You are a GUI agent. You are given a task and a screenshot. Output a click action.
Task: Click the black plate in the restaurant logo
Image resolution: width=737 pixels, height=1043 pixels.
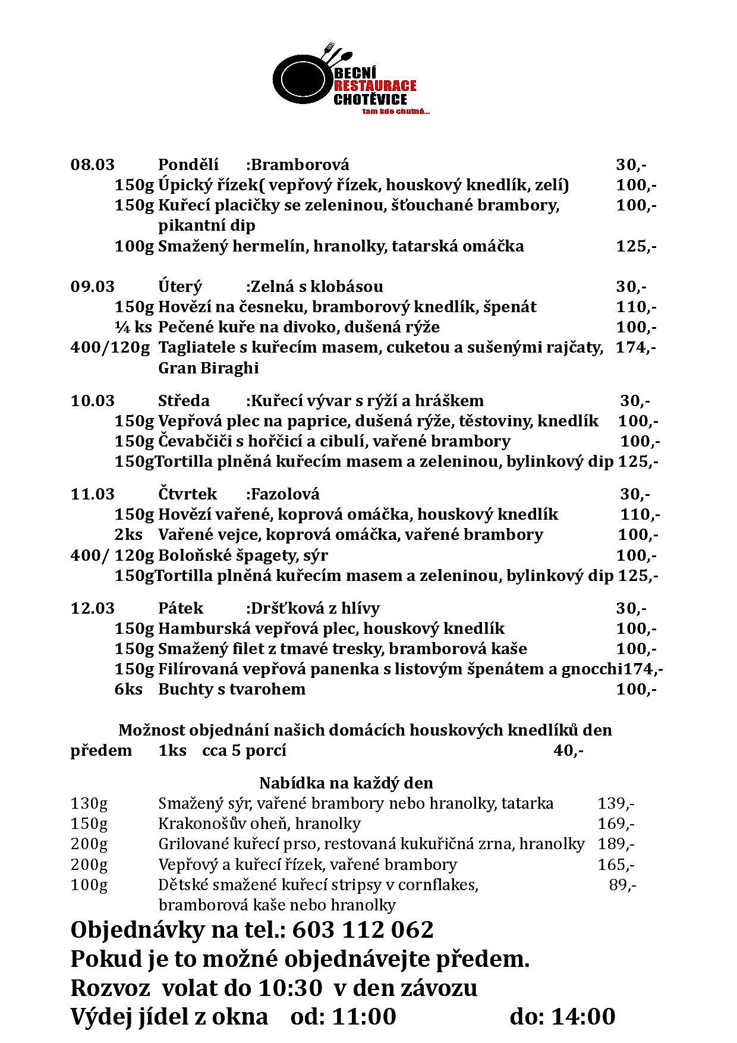(301, 78)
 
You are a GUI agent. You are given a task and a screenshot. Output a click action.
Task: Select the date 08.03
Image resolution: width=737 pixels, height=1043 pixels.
(92, 165)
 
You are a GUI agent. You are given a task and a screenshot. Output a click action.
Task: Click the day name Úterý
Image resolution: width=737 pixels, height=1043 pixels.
(180, 287)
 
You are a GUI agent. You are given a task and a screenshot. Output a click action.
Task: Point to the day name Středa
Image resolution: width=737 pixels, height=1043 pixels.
(184, 401)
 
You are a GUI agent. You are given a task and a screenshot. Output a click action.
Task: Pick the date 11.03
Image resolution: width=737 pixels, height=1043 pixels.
(92, 494)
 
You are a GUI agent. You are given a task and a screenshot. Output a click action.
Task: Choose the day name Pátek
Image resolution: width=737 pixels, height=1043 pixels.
(181, 608)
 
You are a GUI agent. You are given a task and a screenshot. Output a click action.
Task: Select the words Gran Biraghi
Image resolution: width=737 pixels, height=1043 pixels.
(208, 368)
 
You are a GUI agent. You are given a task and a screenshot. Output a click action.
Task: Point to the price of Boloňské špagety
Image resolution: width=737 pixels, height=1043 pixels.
(637, 555)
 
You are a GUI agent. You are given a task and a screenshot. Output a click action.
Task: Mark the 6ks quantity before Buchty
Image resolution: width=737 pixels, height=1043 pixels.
(128, 689)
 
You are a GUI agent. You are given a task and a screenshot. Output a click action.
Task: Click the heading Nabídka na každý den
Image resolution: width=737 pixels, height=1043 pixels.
(346, 783)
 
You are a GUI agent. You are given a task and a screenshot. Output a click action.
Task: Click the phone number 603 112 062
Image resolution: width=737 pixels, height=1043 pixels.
(363, 929)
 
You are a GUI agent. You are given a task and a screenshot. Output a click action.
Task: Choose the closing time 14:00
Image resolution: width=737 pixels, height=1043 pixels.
(583, 1017)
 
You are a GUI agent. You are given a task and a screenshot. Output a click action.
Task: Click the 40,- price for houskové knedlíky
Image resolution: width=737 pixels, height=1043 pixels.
(568, 750)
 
